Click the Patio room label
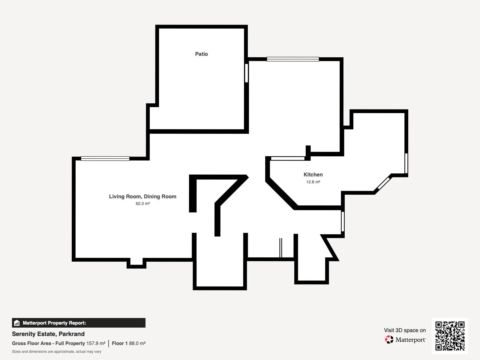click(x=201, y=54)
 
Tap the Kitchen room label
click(x=313, y=174)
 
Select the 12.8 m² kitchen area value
click(x=313, y=182)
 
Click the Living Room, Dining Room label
click(x=142, y=196)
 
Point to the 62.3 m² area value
click(x=142, y=203)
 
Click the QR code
click(x=450, y=336)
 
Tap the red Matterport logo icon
click(x=389, y=340)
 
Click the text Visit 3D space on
click(x=405, y=330)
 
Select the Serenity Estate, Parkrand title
click(x=48, y=334)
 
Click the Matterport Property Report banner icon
click(x=17, y=323)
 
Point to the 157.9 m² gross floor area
click(x=96, y=343)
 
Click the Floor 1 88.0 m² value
click(x=129, y=343)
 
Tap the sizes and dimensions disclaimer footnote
click(x=56, y=352)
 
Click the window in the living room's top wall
click(x=105, y=159)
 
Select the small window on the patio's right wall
click(x=247, y=73)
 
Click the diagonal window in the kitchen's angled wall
click(x=384, y=183)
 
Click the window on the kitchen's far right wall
click(x=406, y=163)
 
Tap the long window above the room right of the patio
click(x=293, y=59)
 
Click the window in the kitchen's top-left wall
click(x=288, y=158)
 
